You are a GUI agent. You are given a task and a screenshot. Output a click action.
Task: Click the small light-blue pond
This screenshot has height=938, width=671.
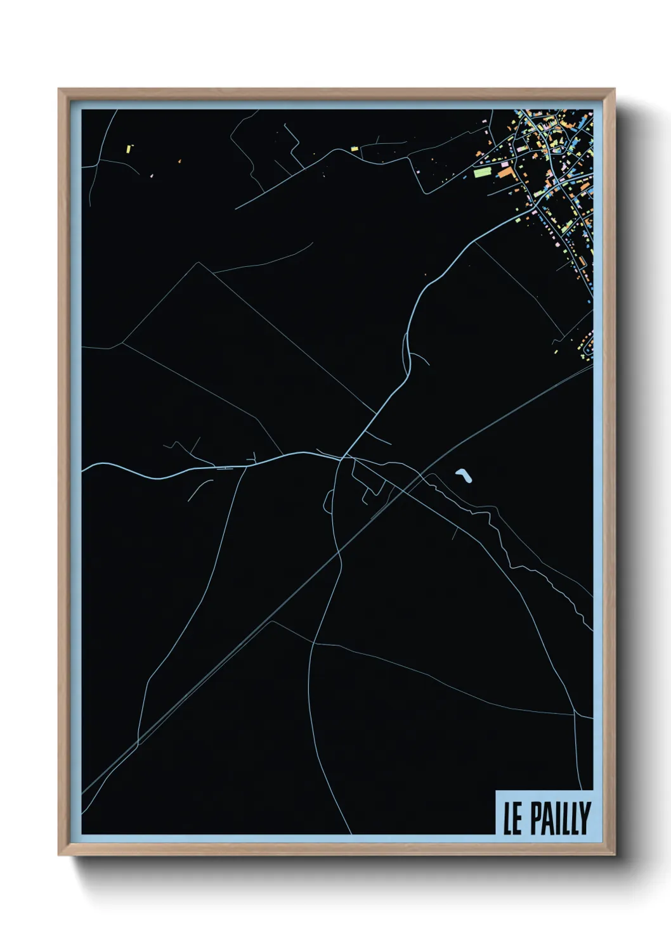click(464, 475)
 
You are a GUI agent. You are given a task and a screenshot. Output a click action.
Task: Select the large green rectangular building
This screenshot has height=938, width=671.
click(482, 172)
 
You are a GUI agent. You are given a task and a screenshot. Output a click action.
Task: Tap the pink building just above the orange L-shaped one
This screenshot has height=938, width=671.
click(505, 164)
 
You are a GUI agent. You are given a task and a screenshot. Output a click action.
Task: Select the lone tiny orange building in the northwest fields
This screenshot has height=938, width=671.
click(179, 162)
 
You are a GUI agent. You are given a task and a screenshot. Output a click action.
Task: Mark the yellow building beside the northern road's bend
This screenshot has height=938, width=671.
click(355, 149)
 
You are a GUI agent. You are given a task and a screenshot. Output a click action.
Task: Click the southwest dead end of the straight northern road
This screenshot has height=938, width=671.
click(236, 208)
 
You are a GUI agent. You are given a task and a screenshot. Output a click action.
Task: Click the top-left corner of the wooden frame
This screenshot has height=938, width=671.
click(59, 89)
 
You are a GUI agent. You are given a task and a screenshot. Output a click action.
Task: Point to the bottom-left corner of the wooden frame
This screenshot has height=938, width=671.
click(59, 855)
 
